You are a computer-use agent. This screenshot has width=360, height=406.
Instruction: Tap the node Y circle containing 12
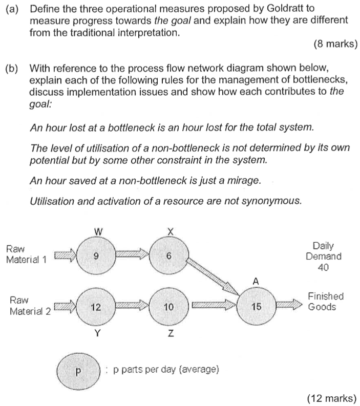pos(95,307)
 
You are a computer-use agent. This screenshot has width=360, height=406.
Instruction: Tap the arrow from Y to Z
pos(132,307)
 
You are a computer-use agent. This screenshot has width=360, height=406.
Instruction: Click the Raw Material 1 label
pos(26,254)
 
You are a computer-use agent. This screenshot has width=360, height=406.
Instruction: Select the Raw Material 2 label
pos(30,305)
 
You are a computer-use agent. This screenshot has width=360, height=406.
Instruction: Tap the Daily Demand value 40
pos(323,267)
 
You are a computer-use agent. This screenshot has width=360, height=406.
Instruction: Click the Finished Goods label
pos(326,302)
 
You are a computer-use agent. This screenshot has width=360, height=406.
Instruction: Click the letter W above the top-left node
pos(97,232)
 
